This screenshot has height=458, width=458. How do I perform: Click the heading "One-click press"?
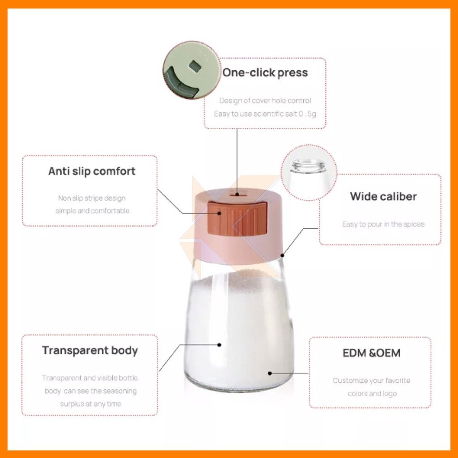[265, 73]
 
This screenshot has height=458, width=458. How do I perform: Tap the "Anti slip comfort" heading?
[92, 171]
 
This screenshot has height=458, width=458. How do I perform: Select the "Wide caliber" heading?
[383, 197]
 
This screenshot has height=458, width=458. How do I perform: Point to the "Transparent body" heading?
[90, 351]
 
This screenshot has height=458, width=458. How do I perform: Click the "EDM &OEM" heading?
[371, 353]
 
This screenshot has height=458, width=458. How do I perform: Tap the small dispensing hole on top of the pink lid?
[237, 194]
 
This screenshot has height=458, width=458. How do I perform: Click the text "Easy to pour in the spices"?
[383, 225]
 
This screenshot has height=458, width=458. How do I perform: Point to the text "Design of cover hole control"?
[265, 101]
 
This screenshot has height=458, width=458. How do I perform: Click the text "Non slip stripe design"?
[92, 198]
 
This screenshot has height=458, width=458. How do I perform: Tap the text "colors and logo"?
[372, 394]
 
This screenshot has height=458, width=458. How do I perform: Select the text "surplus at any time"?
[90, 404]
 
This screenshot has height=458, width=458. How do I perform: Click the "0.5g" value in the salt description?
[307, 114]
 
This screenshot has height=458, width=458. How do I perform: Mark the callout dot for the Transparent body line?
[219, 345]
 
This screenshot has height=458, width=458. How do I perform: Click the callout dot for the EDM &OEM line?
[270, 373]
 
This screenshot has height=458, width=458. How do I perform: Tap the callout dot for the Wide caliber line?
[283, 255]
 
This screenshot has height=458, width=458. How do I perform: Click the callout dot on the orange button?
[219, 213]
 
